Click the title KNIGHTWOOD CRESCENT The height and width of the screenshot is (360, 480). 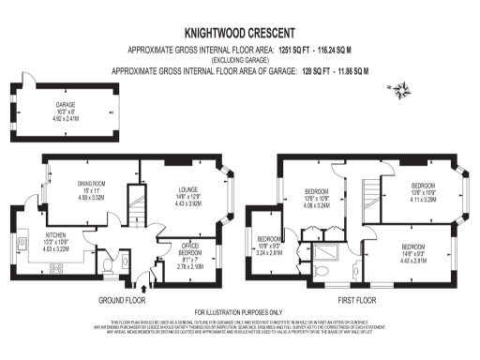point(241,30)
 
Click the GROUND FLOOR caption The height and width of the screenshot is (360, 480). point(122,301)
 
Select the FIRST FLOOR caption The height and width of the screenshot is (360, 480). point(356,301)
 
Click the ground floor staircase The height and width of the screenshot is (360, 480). point(138,202)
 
